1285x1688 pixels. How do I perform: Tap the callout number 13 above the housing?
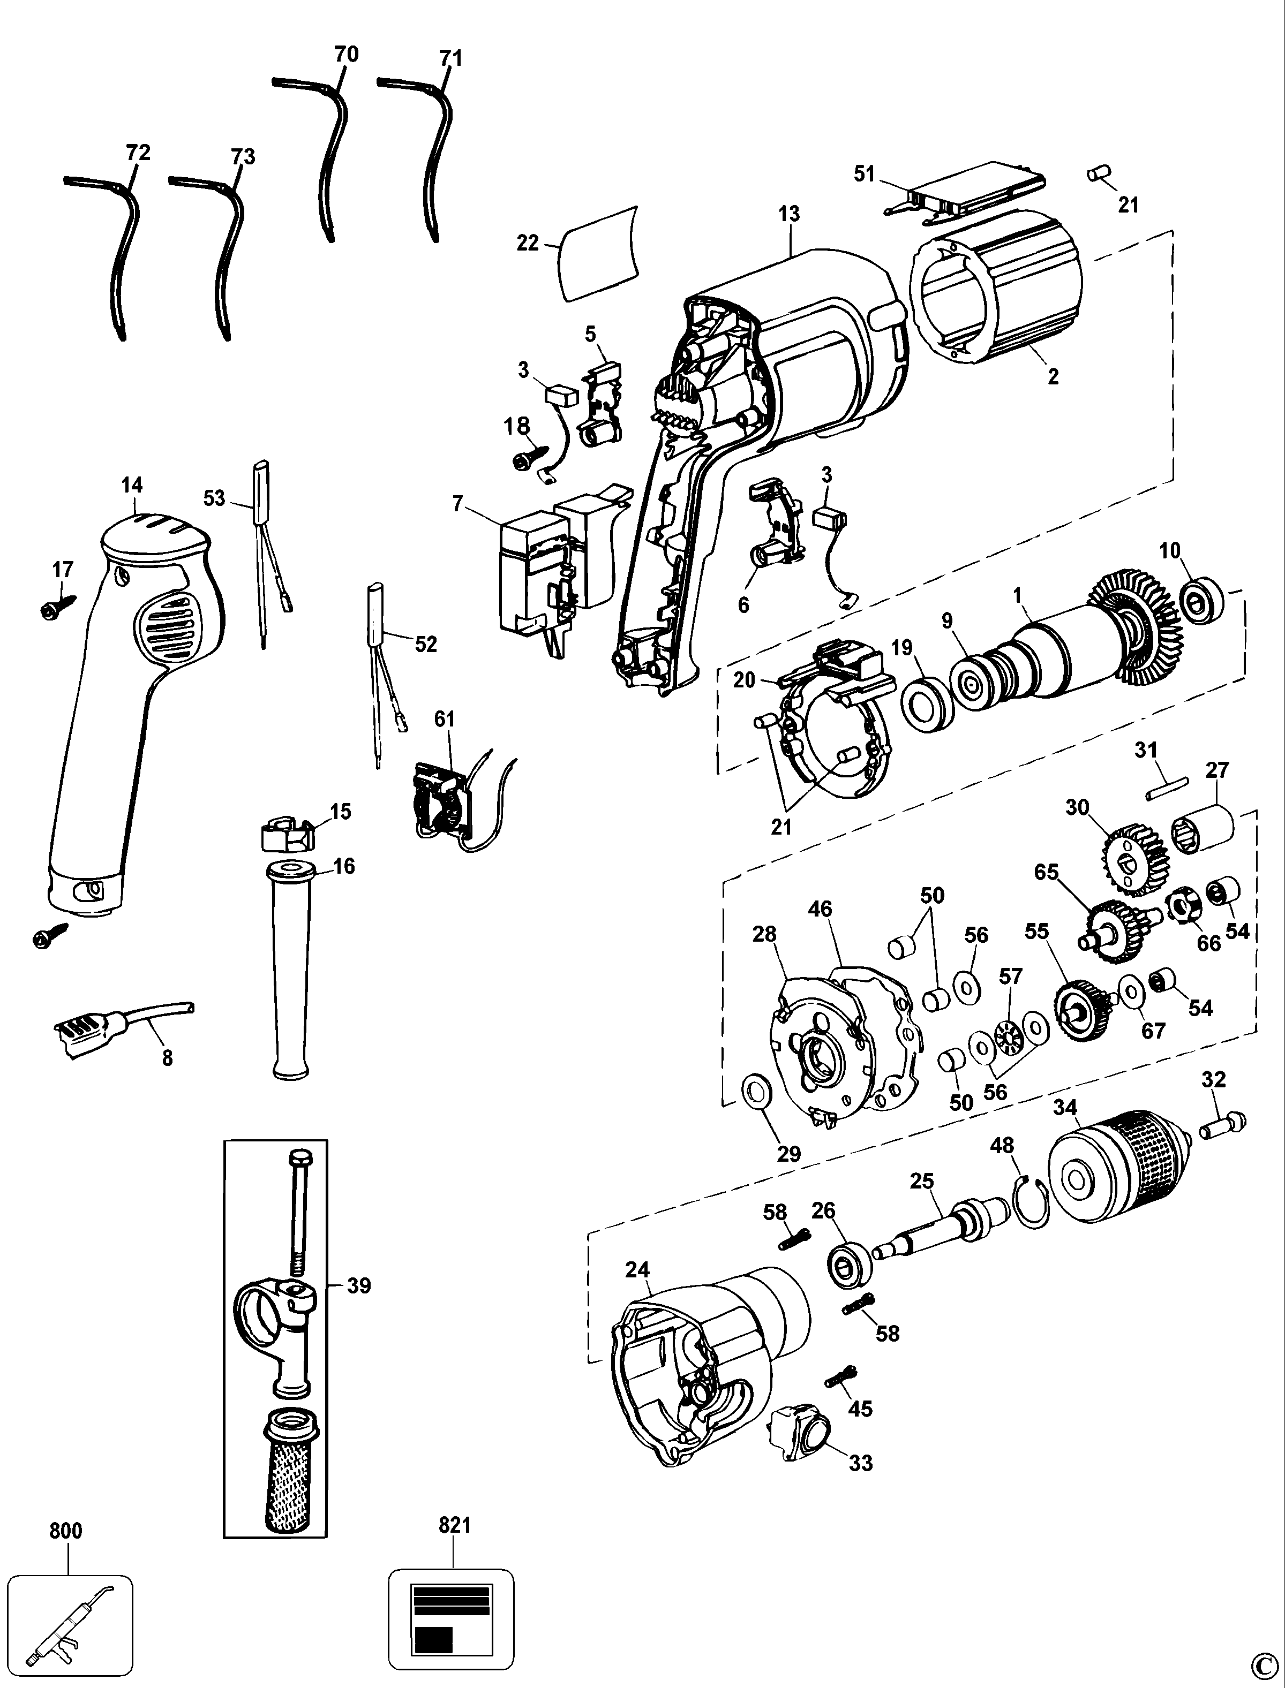(x=790, y=215)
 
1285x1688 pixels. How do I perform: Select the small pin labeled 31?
(x=1167, y=788)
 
